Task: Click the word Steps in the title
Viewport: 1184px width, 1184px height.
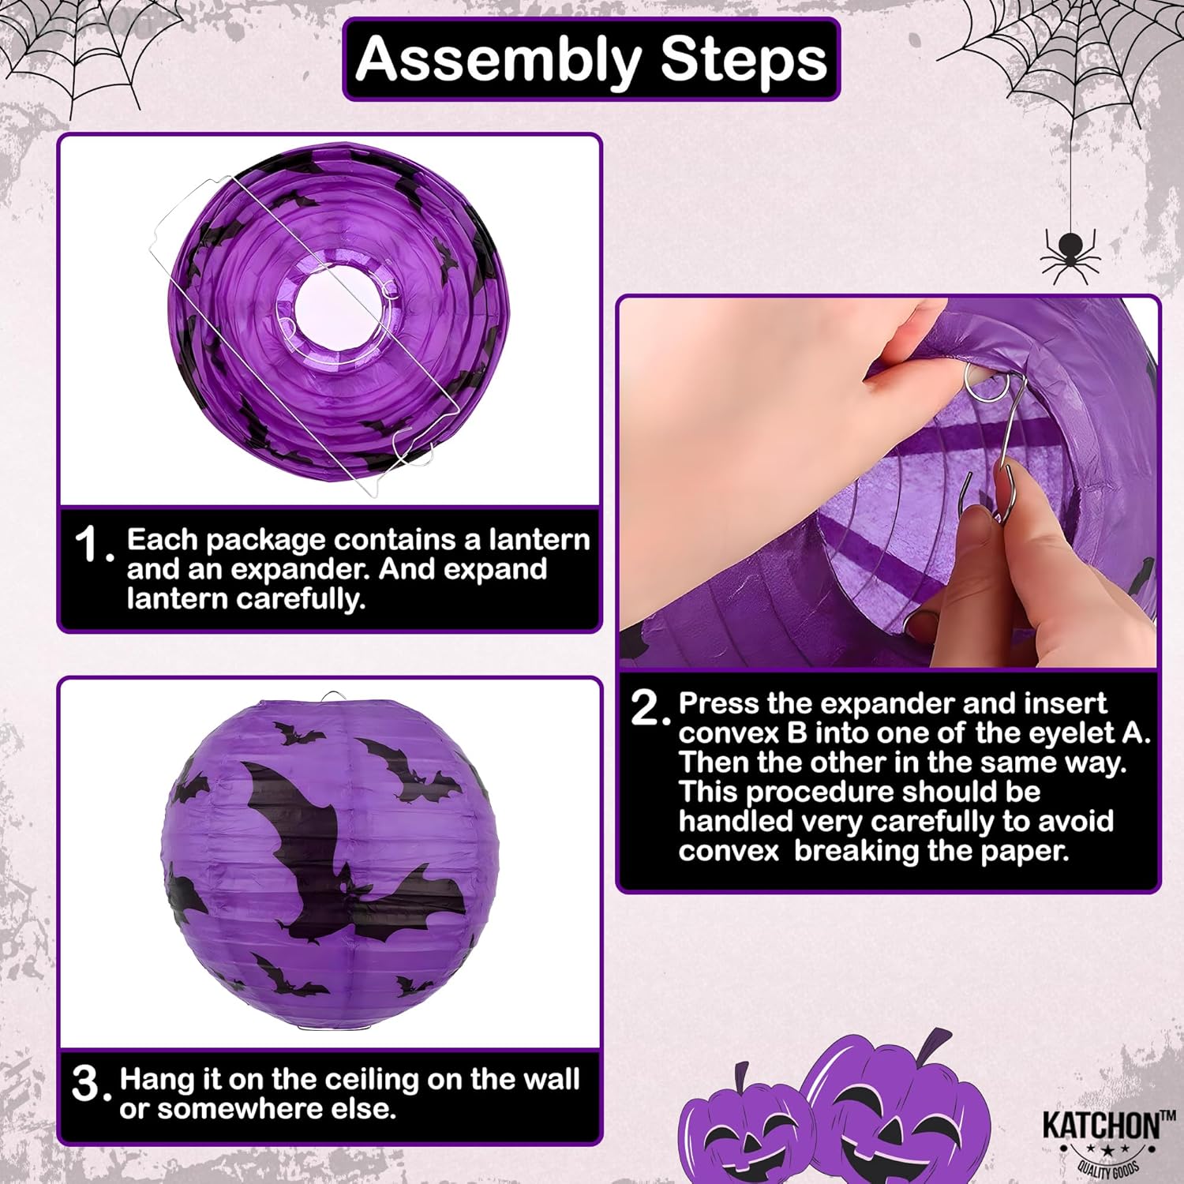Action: [x=743, y=59]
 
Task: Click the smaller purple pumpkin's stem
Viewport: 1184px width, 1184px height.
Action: [x=741, y=1075]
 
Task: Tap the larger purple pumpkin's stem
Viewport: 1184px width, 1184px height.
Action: [x=937, y=1046]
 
